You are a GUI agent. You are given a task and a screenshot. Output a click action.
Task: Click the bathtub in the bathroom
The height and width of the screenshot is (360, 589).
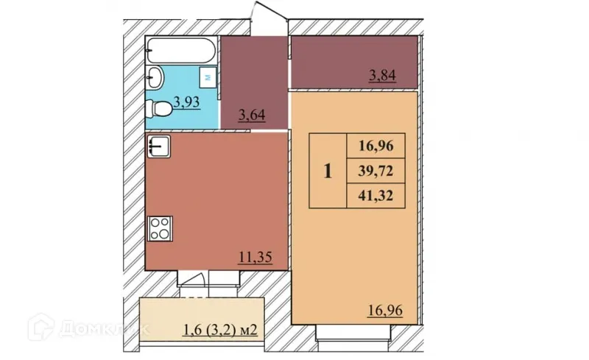pos(181,52)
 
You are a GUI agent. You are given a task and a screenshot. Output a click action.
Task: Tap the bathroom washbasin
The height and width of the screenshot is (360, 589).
pos(155,77)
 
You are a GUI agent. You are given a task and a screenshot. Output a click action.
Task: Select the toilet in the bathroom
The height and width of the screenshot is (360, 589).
pos(158,109)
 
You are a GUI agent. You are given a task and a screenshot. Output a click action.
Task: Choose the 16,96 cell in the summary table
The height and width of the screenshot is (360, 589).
pos(376,146)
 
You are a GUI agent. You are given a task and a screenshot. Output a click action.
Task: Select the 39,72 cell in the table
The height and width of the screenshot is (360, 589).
pos(376,172)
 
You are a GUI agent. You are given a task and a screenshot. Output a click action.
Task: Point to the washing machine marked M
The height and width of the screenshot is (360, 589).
pos(208,76)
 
